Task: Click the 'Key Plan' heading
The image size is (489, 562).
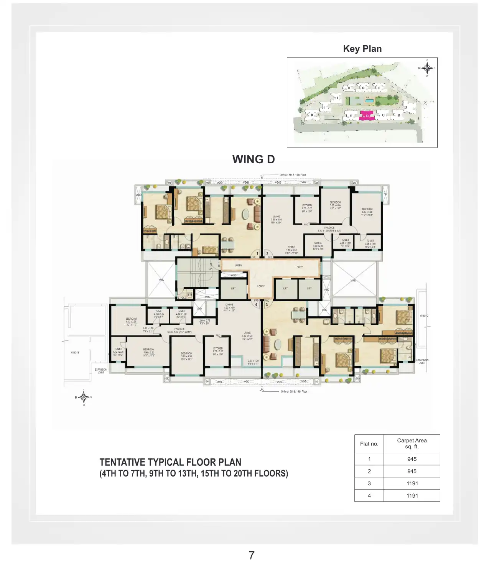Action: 362,49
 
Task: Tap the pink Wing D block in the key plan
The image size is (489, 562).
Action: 367,116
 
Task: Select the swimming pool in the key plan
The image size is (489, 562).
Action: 369,101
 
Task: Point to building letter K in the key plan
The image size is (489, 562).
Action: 312,115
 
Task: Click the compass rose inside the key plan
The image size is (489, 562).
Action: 427,68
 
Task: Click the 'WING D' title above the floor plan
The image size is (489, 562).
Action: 254,159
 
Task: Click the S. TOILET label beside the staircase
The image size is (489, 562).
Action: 183,297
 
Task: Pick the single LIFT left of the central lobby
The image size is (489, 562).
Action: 233,289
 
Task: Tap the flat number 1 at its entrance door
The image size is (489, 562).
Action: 257,254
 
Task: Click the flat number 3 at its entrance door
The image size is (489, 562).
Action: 267,305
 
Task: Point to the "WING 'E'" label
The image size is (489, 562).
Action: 75,352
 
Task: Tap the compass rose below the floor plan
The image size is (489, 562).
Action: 84,397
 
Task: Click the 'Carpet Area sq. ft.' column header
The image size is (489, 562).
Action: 412,444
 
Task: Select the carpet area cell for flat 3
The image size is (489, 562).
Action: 412,483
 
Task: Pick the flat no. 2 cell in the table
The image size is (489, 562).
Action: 369,471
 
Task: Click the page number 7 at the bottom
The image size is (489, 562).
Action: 251,555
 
